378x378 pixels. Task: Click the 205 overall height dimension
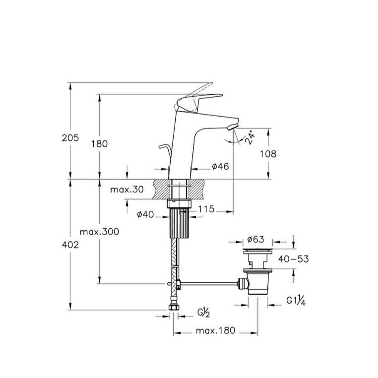70,138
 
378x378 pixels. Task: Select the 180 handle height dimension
99,144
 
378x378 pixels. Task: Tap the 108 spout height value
268,154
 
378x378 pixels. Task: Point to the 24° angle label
250,137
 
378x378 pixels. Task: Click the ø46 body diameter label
220,166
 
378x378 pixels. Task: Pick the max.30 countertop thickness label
127,189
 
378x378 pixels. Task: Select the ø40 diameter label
145,214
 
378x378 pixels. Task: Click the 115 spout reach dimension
206,209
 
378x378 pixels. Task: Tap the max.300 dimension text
99,232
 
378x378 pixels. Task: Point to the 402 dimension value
70,245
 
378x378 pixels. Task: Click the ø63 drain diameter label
256,240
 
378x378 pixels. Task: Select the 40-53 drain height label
293,259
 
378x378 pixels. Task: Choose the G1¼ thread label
296,301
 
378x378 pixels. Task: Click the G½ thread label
204,313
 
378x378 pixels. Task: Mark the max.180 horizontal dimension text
215,331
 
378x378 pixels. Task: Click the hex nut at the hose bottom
173,308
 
